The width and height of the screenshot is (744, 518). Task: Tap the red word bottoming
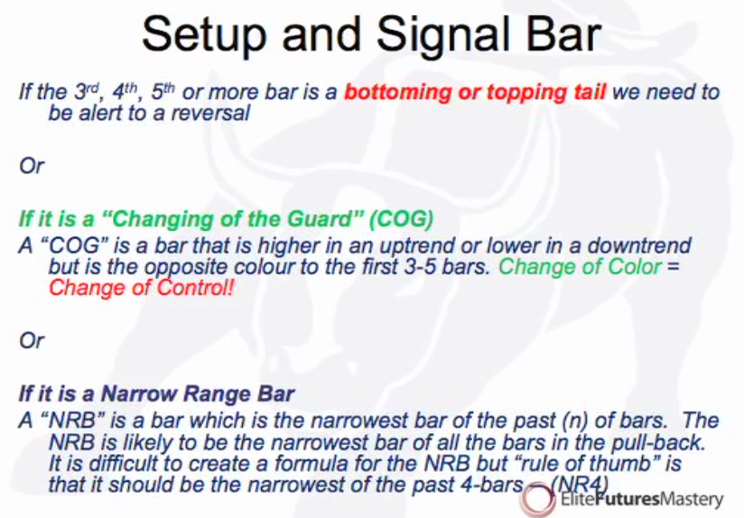397,92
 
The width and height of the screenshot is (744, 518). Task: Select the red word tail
587,91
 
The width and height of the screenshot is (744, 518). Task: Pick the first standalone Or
32,166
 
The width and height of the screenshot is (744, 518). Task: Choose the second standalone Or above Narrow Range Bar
32,340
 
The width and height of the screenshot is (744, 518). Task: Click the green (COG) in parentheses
402,219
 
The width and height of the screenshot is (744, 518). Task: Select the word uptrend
420,245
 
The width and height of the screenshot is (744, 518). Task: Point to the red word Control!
196,288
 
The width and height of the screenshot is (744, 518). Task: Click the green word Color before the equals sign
635,266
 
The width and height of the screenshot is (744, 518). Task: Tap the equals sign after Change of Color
673,267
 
